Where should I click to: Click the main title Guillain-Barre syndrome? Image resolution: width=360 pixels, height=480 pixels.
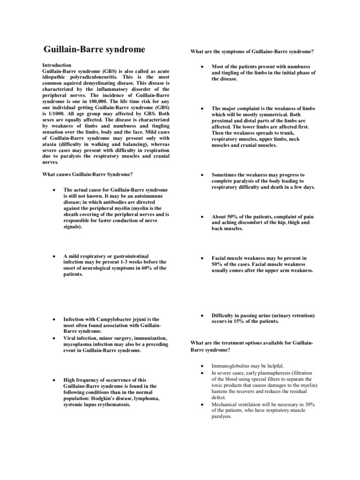(x=94, y=50)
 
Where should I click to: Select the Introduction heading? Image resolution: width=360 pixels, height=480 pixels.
(x=57, y=65)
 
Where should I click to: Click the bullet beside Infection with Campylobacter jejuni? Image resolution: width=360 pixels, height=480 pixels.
(x=55, y=319)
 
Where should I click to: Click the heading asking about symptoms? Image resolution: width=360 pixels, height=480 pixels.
(x=251, y=51)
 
